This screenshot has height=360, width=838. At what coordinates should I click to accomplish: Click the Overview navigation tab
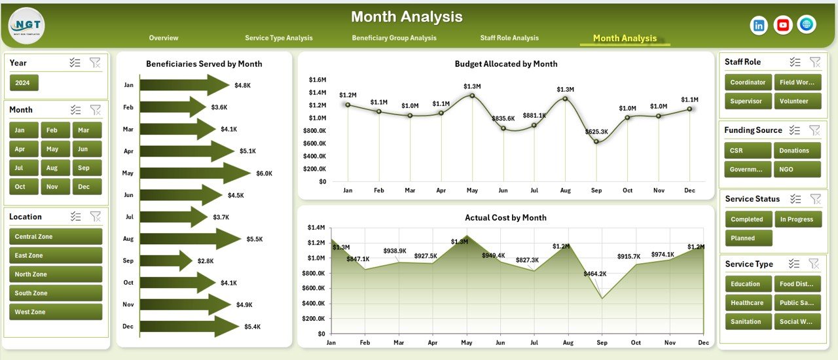tap(163, 38)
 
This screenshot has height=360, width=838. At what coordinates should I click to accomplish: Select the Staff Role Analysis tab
tap(509, 38)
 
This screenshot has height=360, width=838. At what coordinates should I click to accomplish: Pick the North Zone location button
tap(56, 274)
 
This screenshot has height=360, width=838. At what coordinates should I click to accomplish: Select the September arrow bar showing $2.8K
tap(166, 261)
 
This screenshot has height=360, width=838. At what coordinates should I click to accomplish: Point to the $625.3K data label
tap(596, 132)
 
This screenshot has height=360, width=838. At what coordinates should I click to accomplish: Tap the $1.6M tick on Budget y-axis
tap(317, 80)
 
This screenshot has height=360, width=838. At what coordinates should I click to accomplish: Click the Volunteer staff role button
tap(797, 101)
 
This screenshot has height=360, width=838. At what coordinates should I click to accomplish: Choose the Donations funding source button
tap(797, 151)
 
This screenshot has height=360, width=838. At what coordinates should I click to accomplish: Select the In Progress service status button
tap(797, 219)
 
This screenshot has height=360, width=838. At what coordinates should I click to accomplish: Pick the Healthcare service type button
tap(747, 303)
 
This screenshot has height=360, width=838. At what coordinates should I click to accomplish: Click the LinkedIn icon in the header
tap(759, 25)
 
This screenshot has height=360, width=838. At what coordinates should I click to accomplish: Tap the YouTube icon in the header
tap(783, 25)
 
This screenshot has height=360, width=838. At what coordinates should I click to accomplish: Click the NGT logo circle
tap(26, 26)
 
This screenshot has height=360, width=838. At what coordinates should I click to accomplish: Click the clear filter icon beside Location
tap(95, 217)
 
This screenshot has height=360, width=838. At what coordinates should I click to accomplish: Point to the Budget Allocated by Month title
tap(505, 64)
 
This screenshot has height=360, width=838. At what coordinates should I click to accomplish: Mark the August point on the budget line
tap(565, 99)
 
